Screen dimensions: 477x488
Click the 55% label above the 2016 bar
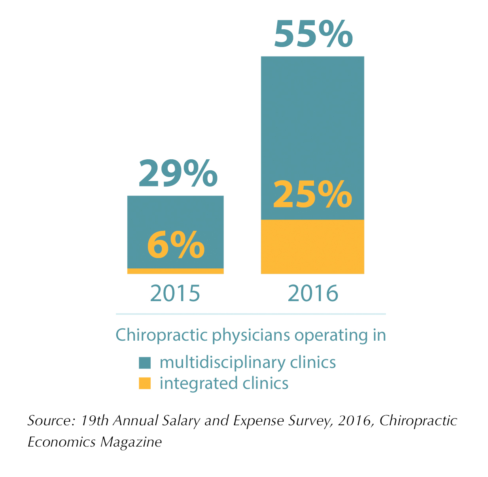[313, 34]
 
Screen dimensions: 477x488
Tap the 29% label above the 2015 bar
[178, 173]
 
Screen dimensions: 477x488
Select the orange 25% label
[312, 194]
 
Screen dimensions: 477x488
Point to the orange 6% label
[176, 245]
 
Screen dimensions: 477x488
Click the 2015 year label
[175, 293]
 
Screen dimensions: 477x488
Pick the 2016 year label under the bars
[313, 293]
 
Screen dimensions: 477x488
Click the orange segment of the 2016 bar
[312, 247]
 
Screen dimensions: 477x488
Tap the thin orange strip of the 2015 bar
[175, 271]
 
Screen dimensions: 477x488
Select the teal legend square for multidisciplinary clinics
[145, 363]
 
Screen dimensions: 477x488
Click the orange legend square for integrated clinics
[145, 383]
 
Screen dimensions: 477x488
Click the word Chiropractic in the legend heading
[162, 335]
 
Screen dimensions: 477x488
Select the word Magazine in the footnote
[131, 441]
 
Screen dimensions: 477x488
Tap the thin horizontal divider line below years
[250, 314]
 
